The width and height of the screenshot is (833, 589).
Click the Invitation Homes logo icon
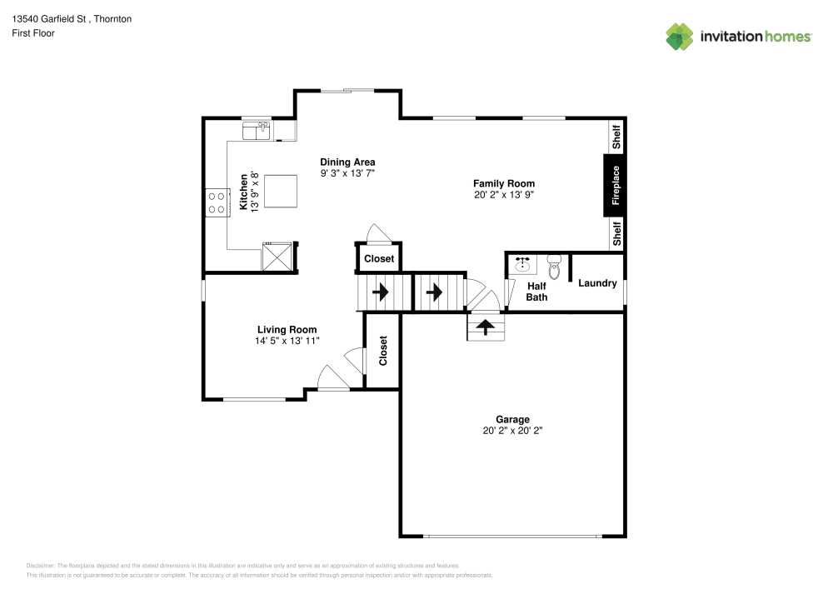tap(680, 36)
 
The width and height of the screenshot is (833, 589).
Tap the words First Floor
tap(33, 33)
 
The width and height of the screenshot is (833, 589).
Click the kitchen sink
tap(257, 130)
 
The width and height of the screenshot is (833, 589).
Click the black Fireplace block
tap(616, 186)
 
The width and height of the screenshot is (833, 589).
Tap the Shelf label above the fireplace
tap(616, 137)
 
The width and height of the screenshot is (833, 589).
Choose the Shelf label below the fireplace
tap(616, 233)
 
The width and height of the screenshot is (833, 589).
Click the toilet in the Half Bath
tap(554, 266)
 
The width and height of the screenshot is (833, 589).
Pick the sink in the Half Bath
tap(523, 265)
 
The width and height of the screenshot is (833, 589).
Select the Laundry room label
tap(597, 283)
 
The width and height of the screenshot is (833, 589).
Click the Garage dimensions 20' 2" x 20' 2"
tap(512, 432)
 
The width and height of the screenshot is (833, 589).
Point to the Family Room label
tap(504, 183)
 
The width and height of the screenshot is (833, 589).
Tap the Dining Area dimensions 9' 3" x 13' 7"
tap(347, 173)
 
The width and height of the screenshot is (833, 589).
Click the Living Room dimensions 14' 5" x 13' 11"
tap(287, 341)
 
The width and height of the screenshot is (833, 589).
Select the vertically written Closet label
tap(383, 351)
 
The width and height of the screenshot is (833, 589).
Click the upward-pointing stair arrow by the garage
tap(486, 326)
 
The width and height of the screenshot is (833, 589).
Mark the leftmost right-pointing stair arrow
tap(382, 292)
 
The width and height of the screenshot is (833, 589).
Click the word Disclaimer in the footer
tap(41, 565)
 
